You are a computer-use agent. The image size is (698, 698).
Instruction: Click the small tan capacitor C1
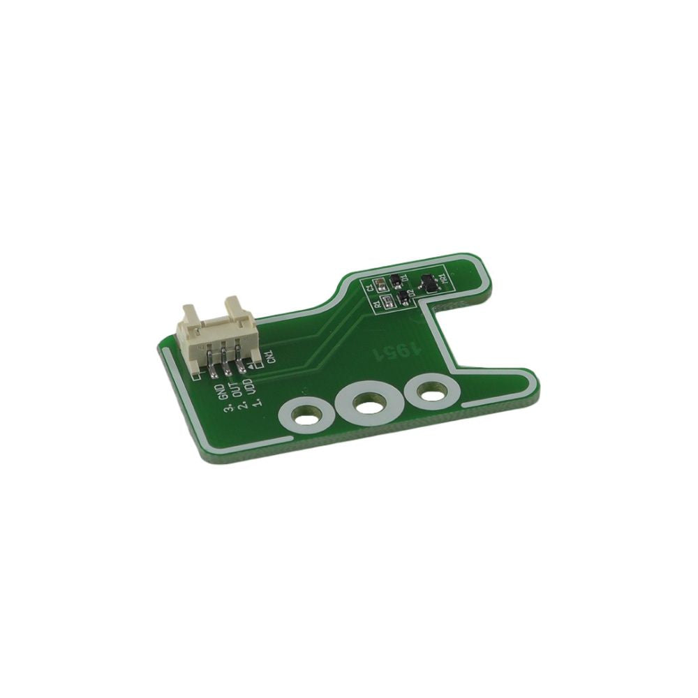coord(380,285)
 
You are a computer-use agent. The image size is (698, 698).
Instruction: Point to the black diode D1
coord(396,281)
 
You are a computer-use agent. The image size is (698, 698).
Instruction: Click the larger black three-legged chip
coord(430,283)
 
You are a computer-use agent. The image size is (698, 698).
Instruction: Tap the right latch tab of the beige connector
coord(234,305)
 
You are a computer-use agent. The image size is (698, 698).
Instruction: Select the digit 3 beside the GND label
coord(228,410)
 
